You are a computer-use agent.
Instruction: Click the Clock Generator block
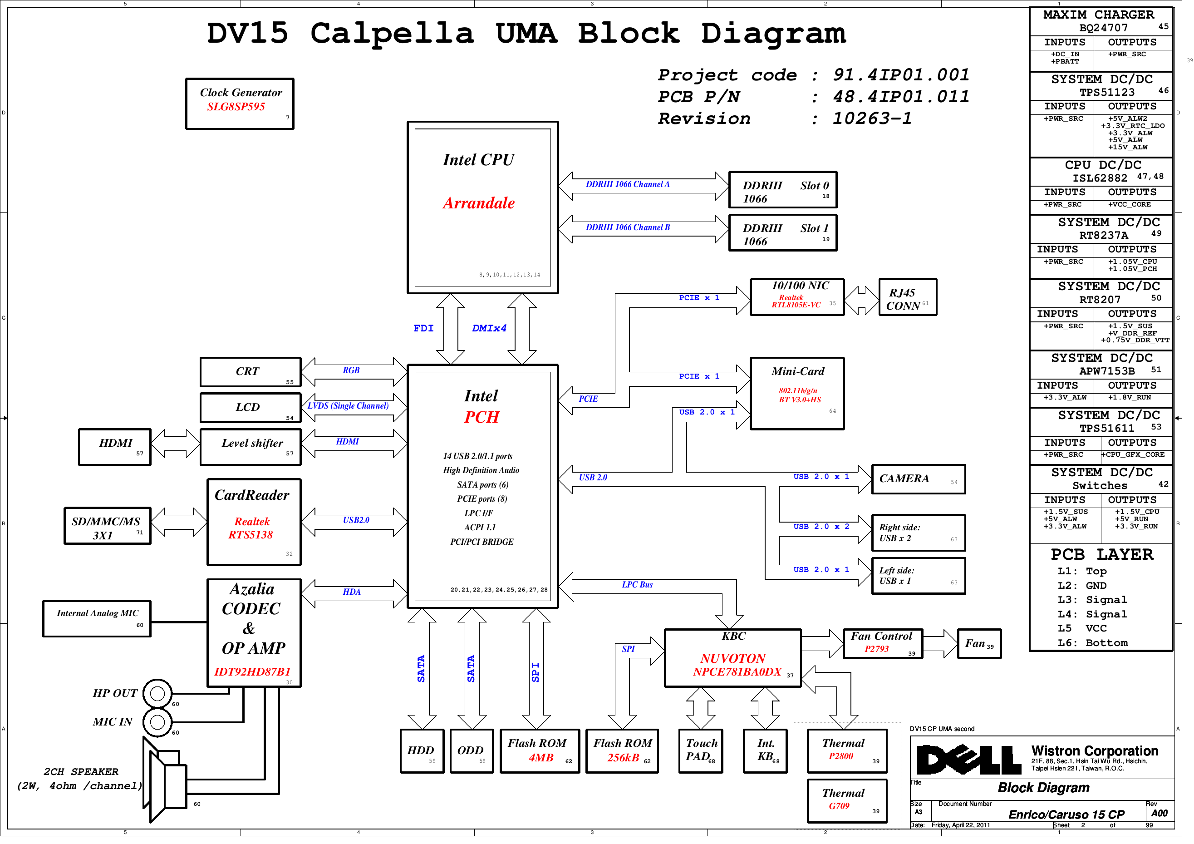(x=240, y=104)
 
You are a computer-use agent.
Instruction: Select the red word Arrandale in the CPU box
(x=478, y=203)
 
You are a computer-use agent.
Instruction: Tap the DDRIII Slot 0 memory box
(x=783, y=190)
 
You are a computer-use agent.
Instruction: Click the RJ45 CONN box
(x=908, y=297)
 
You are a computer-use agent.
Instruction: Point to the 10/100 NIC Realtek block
(x=797, y=297)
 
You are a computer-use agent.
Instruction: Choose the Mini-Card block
(x=797, y=393)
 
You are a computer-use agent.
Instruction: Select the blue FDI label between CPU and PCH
(x=423, y=328)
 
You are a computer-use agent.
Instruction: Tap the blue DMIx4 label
(x=489, y=328)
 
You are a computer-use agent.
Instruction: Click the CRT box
(x=250, y=372)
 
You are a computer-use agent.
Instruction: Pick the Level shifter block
(x=250, y=447)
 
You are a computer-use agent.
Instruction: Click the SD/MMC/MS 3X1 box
(x=107, y=527)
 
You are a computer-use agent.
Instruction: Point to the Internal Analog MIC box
(x=97, y=619)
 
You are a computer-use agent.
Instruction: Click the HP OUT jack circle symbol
(x=157, y=694)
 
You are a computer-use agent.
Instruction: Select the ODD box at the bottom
(x=471, y=751)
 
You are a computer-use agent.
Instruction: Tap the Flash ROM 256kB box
(x=622, y=751)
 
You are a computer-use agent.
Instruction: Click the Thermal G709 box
(x=847, y=801)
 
